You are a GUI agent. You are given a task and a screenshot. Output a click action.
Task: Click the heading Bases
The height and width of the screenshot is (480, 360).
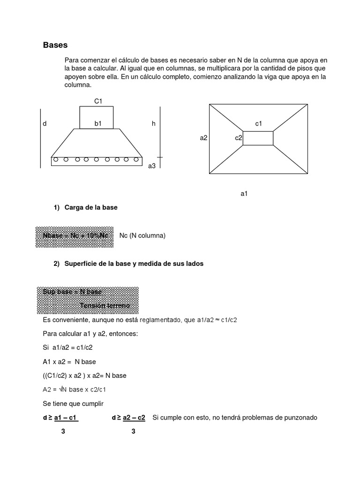pos(55,45)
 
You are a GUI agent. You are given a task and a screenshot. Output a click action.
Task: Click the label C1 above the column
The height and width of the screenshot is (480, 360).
pos(98,101)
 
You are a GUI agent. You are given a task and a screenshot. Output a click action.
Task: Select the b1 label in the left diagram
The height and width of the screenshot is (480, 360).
pos(98,124)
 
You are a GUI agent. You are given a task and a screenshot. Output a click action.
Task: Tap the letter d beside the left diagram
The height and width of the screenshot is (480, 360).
pos(45,124)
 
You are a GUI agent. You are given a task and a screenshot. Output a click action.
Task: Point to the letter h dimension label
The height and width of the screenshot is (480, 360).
pos(153,124)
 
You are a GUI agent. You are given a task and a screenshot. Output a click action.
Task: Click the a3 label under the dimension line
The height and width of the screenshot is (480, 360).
pos(151,166)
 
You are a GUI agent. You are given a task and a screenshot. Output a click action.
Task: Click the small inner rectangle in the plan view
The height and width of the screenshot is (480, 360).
pos(258,138)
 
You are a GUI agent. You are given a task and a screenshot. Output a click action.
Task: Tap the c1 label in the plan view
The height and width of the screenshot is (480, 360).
pos(258,124)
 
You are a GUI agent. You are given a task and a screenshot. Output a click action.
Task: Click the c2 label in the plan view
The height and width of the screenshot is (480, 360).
pos(239,138)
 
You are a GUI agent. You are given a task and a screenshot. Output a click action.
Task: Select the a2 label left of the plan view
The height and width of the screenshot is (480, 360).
pos(203,138)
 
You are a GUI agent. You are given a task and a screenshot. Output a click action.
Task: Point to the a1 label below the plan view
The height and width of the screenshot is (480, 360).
pos(244,193)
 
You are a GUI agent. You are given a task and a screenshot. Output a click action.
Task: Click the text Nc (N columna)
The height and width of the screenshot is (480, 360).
pos(142,236)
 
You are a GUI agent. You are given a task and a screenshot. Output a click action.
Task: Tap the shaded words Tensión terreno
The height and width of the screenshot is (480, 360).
pos(105,306)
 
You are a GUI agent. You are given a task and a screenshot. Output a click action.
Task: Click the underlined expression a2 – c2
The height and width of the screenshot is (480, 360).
pos(134,417)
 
